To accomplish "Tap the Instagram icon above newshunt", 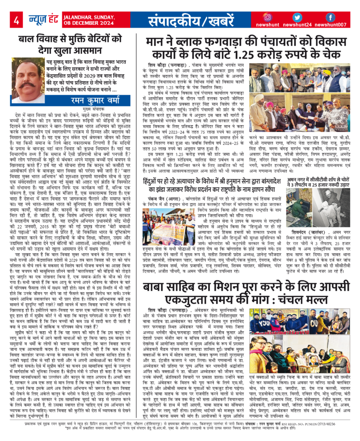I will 267,17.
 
